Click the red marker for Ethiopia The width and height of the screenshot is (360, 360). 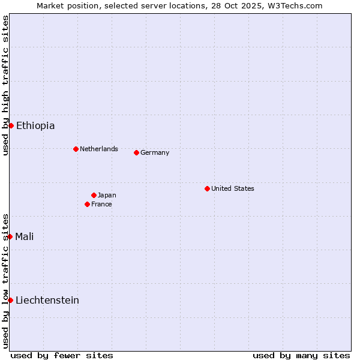click(11, 125)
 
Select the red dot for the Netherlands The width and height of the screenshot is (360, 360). click(76, 149)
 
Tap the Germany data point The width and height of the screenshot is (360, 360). click(136, 152)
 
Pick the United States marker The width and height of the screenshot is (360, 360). click(207, 188)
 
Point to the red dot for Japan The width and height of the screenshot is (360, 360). click(94, 195)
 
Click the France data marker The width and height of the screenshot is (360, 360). click(87, 204)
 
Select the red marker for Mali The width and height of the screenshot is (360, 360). click(10, 236)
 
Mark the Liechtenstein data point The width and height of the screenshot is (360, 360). click(10, 300)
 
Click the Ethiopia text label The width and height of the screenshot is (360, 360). click(35, 125)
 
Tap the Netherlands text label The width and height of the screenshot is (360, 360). click(99, 149)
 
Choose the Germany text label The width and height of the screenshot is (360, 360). click(155, 152)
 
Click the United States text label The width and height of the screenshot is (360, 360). click(233, 188)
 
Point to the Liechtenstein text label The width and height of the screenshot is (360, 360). click(47, 300)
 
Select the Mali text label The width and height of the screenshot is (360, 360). click(25, 236)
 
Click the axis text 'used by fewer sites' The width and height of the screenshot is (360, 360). click(62, 355)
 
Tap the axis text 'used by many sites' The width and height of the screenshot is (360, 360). click(301, 355)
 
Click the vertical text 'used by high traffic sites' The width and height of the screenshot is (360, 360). click(5, 85)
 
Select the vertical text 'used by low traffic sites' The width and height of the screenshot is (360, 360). click(5, 280)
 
